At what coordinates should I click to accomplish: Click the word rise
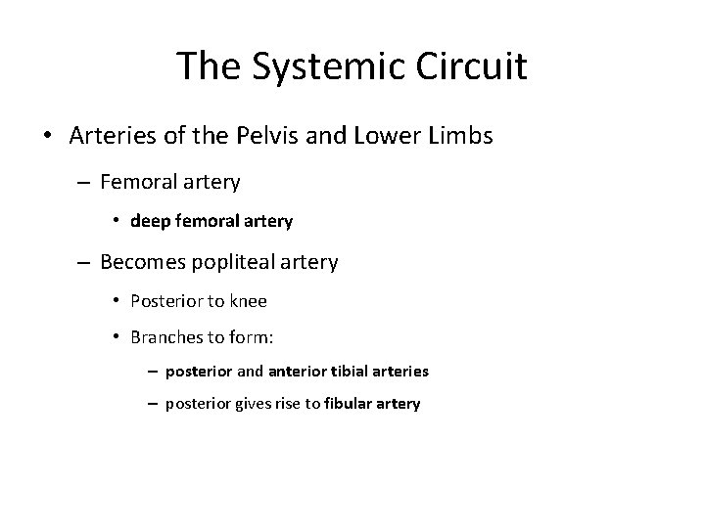(x=285, y=403)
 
